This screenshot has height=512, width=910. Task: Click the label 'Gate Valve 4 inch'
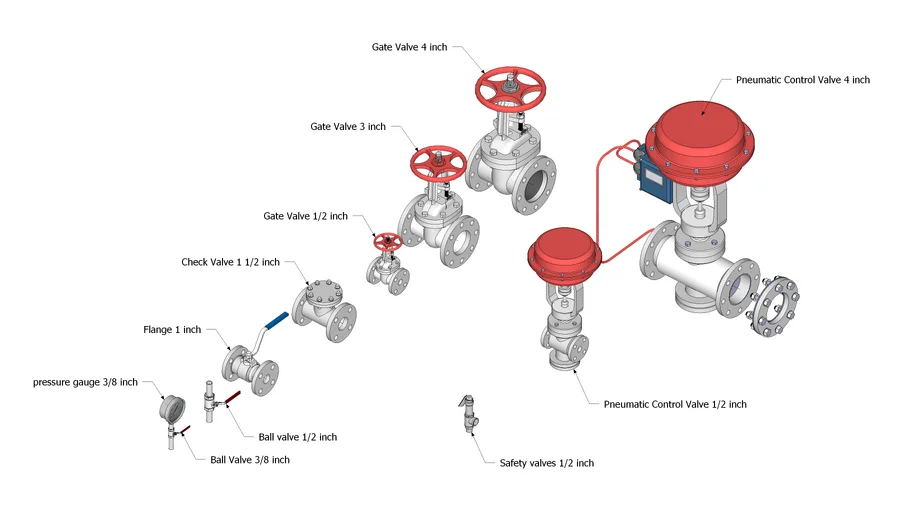pos(409,47)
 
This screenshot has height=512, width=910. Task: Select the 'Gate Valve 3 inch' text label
pos(347,127)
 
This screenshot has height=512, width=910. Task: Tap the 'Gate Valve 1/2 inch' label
pos(305,216)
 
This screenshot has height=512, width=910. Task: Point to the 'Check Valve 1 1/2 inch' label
pos(231,262)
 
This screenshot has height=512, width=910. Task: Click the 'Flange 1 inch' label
pos(172,330)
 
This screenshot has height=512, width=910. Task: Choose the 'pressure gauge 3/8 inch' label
pos(85,382)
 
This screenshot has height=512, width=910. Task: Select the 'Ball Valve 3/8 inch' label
pos(250,460)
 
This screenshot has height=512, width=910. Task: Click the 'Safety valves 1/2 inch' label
pos(546,463)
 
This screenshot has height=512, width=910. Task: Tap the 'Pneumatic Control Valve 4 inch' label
pos(802,80)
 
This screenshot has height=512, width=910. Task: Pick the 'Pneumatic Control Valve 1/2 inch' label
pos(675,405)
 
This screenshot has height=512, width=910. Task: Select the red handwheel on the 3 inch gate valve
pos(439,163)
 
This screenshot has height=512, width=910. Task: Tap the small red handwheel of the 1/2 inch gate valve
pos(386,242)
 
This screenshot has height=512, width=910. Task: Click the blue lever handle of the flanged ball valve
pos(276,320)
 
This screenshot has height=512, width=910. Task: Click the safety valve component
pos(467,415)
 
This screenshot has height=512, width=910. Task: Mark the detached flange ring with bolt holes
pos(777,308)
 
